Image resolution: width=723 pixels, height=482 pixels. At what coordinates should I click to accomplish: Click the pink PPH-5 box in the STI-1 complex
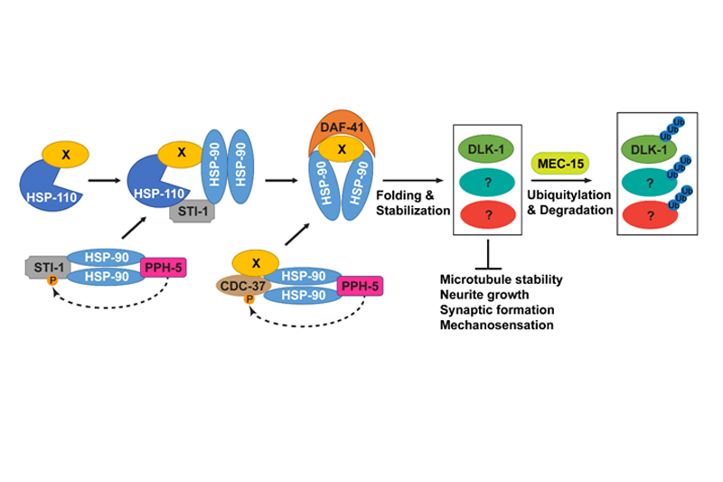164,268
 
